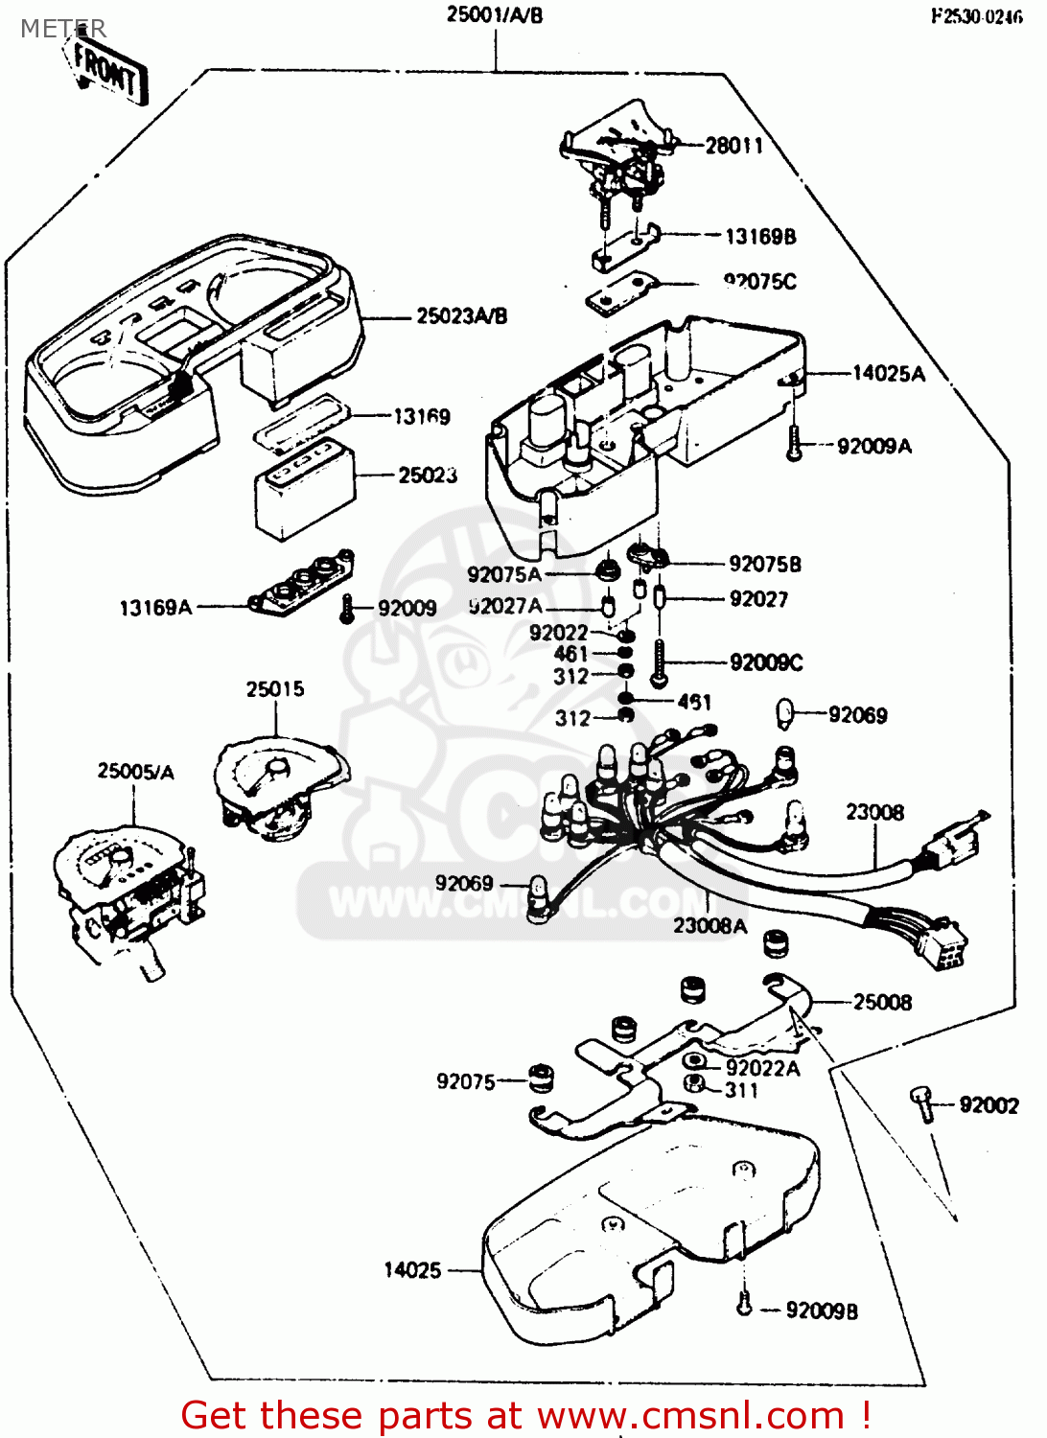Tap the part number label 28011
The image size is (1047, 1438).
click(x=734, y=146)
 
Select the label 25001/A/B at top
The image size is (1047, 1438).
click(x=495, y=15)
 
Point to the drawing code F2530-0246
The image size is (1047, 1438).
click(x=976, y=16)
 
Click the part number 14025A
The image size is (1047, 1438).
click(x=889, y=374)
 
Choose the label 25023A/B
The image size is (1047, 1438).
click(x=461, y=316)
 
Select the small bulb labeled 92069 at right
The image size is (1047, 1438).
click(x=785, y=714)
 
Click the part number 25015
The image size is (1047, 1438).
click(x=275, y=689)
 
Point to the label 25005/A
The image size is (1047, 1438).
click(x=135, y=772)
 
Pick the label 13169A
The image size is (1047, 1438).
click(x=155, y=608)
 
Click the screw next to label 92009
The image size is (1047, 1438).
click(x=348, y=608)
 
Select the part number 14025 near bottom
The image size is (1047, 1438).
click(x=412, y=1270)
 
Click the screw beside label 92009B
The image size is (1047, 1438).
click(x=743, y=1304)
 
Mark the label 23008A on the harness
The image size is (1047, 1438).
click(x=710, y=925)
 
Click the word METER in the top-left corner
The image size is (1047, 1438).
click(x=63, y=29)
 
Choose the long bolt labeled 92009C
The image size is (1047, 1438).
click(x=659, y=661)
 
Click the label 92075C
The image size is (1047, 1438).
click(x=759, y=282)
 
